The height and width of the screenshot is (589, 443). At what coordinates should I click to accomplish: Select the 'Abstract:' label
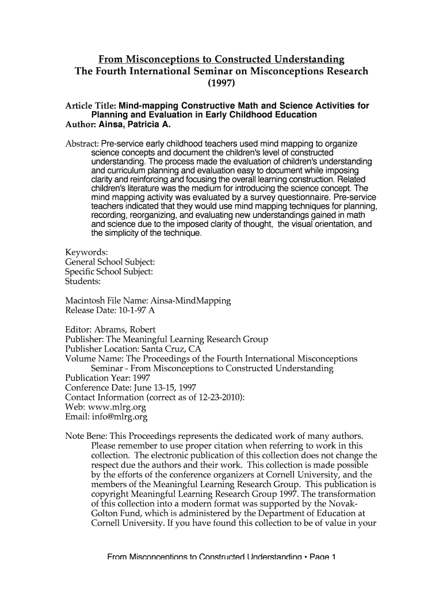(82, 143)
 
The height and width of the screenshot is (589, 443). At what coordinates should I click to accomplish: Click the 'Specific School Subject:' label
(109, 272)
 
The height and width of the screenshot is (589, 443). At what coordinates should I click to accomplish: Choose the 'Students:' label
(83, 282)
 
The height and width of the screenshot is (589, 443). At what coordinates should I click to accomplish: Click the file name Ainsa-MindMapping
(190, 301)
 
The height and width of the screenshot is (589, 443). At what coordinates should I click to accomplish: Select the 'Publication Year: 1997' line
(108, 378)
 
